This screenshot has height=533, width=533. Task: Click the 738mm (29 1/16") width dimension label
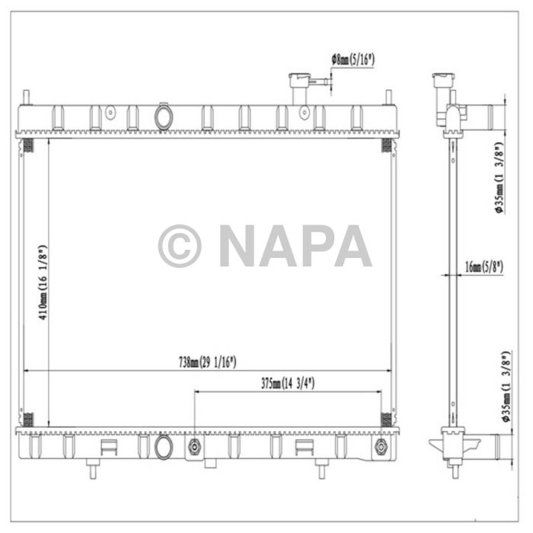click(x=207, y=362)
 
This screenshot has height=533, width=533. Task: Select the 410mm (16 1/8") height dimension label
click(x=43, y=282)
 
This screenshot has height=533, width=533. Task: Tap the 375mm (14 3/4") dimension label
click(x=288, y=384)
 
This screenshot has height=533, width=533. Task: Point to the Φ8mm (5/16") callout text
click(x=353, y=60)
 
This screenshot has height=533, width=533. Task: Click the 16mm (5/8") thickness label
click(x=484, y=266)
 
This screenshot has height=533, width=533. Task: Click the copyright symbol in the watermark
click(x=180, y=245)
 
